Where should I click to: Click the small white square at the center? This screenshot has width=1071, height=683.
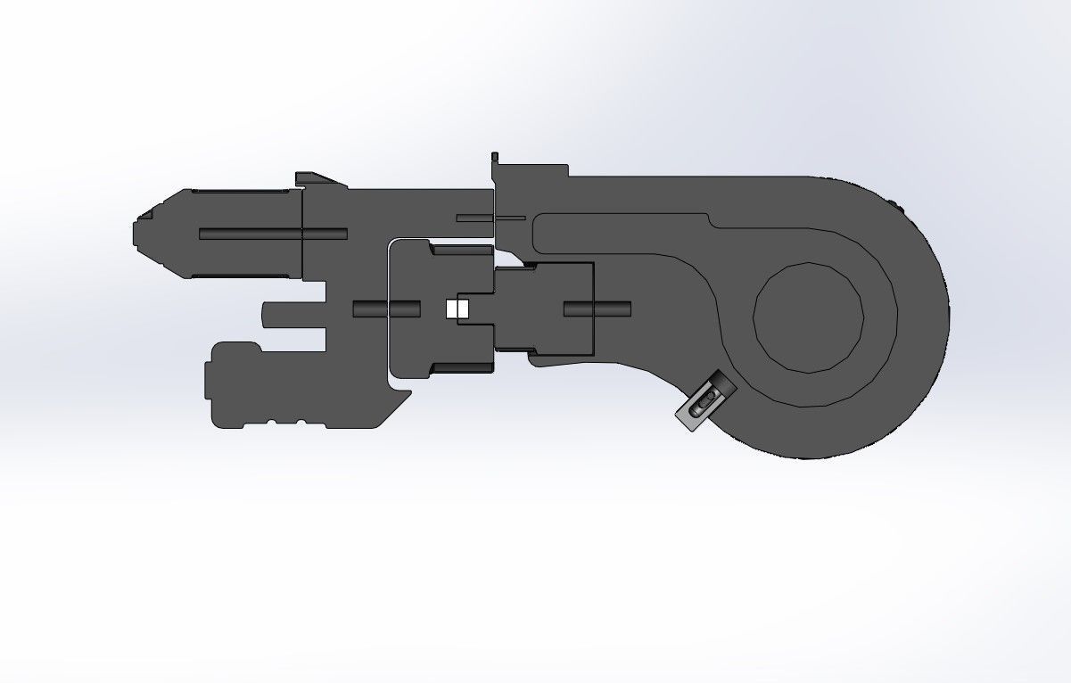point(456,309)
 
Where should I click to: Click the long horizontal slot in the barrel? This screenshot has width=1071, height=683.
point(272,234)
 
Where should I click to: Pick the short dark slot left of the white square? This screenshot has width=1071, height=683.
point(386,309)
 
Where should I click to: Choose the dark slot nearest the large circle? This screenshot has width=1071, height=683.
point(597,309)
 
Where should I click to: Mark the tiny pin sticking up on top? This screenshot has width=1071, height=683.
point(493,158)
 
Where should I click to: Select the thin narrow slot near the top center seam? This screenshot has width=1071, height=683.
point(490,218)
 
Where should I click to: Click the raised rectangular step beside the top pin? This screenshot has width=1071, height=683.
point(533,170)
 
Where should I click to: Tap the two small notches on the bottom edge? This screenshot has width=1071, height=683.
point(284,422)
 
